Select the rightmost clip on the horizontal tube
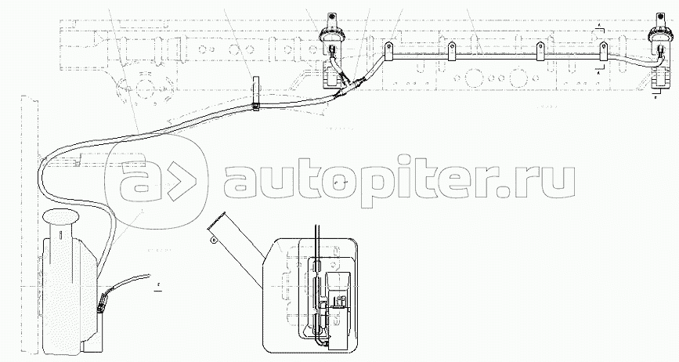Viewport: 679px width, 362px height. click(604, 50)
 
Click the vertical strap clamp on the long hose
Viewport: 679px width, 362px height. click(255, 92)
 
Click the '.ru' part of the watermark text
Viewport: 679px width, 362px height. click(537, 179)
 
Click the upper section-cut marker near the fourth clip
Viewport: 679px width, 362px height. click(598, 28)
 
